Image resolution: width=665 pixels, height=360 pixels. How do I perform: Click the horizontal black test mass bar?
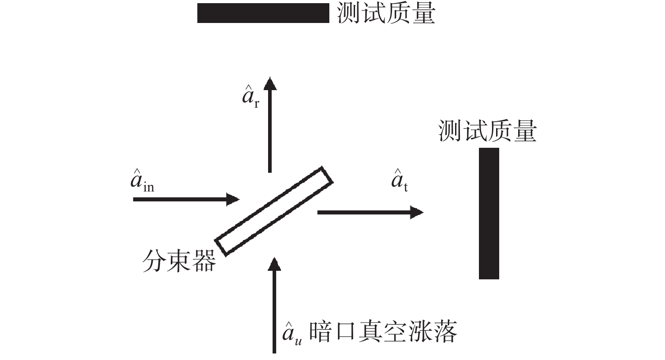263,13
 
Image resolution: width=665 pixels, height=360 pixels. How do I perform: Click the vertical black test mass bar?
489,213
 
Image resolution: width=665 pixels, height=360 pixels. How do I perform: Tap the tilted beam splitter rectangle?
274,211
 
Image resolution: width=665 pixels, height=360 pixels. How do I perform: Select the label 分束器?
179,261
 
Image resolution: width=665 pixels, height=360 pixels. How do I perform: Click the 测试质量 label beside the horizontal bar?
386,14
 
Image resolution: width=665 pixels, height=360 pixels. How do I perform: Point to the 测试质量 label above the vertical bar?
487,131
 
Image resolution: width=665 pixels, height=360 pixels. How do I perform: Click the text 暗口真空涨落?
383,332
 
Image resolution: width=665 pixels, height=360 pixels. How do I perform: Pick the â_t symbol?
399,181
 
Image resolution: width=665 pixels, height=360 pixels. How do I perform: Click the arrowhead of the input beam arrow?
233,199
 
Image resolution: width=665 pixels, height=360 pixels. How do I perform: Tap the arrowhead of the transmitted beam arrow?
417,212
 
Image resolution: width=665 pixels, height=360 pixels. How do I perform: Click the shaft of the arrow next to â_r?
270,131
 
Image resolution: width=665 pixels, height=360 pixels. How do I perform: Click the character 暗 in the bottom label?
320,332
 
